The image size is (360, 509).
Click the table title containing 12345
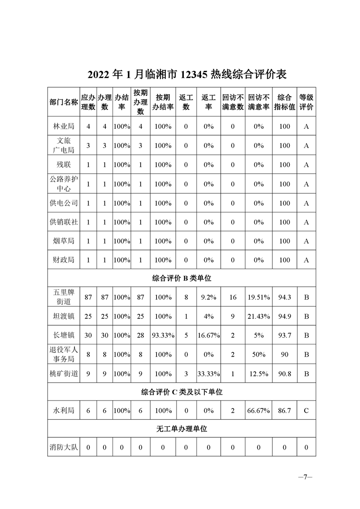click(181, 74)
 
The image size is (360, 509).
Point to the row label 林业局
click(63, 127)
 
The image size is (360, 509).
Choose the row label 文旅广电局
click(63, 146)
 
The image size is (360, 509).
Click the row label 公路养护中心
click(63, 184)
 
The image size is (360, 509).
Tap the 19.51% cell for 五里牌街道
click(259, 297)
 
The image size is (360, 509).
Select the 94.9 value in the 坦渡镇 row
click(284, 316)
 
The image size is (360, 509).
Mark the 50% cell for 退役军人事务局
click(259, 354)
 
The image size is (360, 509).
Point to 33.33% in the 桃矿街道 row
click(208, 374)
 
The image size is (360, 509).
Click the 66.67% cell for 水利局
click(259, 411)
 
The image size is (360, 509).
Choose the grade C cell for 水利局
click(306, 411)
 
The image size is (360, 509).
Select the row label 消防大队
click(63, 447)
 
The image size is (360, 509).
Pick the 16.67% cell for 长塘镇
click(208, 335)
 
